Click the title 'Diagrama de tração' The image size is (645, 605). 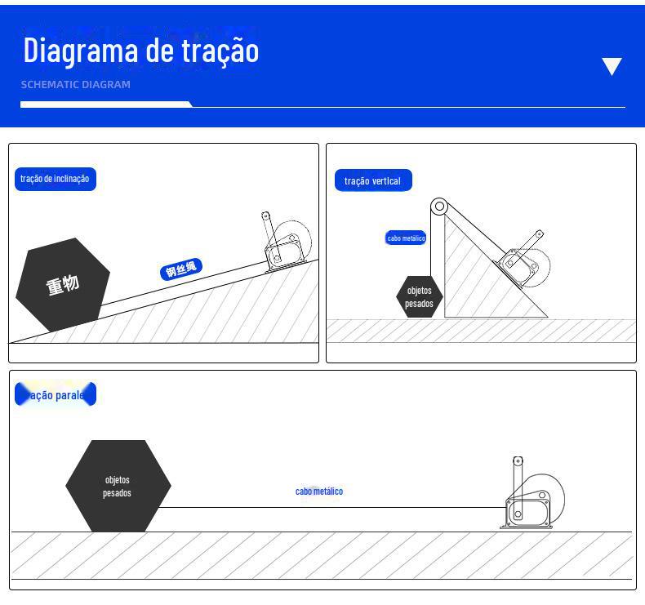[140, 50]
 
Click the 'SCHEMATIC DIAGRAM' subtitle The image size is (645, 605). [75, 84]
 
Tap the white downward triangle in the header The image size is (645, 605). [612, 66]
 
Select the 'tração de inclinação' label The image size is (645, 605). [55, 179]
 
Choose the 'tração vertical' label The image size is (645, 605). [372, 180]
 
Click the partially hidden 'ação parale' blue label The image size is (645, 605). [56, 395]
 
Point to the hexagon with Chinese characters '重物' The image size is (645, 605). [62, 285]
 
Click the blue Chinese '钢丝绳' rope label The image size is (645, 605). [181, 269]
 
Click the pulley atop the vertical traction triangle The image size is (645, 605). [438, 207]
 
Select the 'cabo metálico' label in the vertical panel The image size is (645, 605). [406, 238]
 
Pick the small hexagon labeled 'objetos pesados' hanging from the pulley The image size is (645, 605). [419, 297]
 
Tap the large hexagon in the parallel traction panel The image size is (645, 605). [118, 487]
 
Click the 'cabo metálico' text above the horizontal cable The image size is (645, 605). [319, 492]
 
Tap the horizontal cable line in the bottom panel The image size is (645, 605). [327, 507]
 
